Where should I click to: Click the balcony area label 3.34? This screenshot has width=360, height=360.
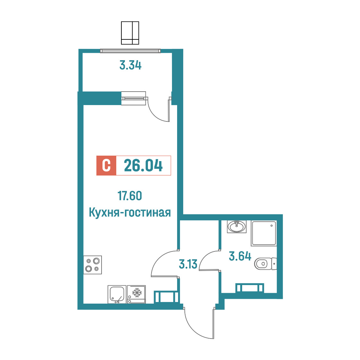click(130, 65)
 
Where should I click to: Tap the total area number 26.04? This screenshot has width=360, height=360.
click(143, 166)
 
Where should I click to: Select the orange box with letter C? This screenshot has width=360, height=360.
click(106, 166)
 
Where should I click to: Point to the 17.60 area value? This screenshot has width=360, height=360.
click(130, 196)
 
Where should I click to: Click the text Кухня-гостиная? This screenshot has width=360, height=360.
click(130, 212)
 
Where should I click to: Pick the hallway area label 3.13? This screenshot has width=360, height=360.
click(188, 264)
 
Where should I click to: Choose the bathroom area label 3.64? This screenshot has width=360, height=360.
click(240, 256)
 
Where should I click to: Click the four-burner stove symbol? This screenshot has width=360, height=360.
click(92, 265)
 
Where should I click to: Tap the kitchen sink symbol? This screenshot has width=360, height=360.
click(117, 294)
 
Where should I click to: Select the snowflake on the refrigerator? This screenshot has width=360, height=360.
click(137, 292)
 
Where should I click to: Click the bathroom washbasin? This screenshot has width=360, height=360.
click(237, 227)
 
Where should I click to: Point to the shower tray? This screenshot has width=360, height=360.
click(264, 233)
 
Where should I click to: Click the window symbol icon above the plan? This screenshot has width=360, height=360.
click(130, 33)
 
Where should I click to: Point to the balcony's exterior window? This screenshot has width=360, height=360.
click(130, 51)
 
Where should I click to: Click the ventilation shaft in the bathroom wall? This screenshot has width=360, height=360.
click(250, 288)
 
